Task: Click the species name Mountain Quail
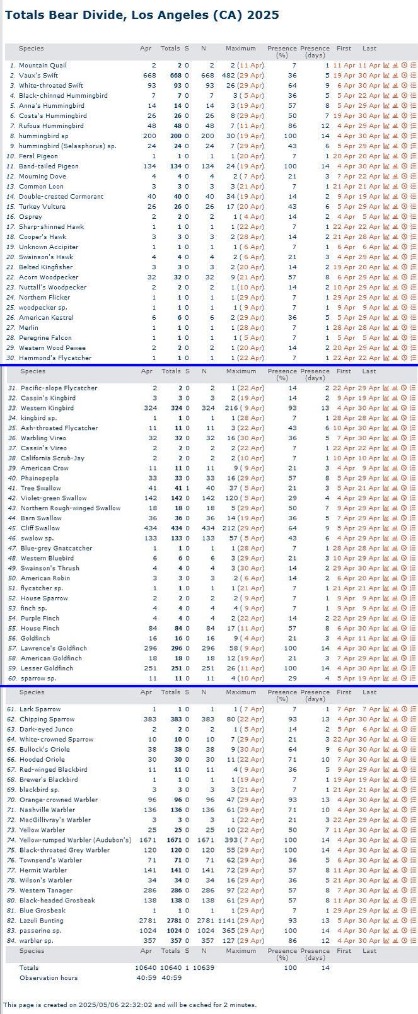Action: click(x=42, y=66)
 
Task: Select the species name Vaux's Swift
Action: click(x=39, y=76)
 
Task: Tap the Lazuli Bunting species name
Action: click(x=42, y=921)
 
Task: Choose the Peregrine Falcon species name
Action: click(x=45, y=338)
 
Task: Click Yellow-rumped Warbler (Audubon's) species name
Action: click(x=76, y=840)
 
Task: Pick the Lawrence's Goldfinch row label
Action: click(x=54, y=648)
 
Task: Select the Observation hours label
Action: click(x=49, y=977)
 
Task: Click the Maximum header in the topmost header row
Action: click(x=240, y=49)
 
